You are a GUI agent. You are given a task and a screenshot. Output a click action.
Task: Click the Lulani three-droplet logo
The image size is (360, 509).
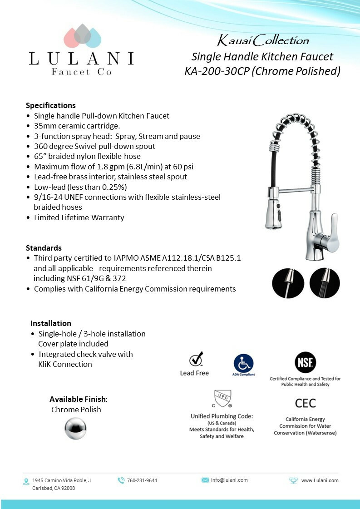pyautogui.click(x=82, y=36)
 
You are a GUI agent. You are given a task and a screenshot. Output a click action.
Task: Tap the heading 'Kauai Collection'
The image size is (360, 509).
pyautogui.click(x=263, y=41)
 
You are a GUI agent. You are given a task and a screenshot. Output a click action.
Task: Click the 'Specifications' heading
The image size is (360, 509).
pyautogui.click(x=51, y=105)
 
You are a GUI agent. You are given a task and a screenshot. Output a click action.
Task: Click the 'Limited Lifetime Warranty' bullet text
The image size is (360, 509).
pyautogui.click(x=79, y=217)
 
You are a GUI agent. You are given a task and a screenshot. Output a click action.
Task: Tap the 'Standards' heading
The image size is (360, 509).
pyautogui.click(x=44, y=248)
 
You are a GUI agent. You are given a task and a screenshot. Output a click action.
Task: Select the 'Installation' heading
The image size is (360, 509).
pyautogui.click(x=51, y=323)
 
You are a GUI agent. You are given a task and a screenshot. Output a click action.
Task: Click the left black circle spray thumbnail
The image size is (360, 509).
pyautogui.click(x=288, y=283)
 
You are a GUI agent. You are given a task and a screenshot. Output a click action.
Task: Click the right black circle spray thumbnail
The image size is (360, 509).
pyautogui.click(x=325, y=283)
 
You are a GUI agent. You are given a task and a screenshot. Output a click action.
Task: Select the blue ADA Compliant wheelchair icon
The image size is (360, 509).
pyautogui.click(x=244, y=363)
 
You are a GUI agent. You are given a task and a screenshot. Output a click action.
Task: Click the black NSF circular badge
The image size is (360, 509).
pyautogui.click(x=305, y=362)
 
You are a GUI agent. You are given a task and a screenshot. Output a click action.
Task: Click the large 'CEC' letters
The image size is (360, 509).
pyautogui.click(x=305, y=403)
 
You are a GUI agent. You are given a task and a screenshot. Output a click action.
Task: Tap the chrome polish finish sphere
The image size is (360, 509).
pyautogui.click(x=75, y=428)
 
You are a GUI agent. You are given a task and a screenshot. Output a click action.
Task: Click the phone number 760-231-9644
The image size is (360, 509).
pyautogui.click(x=142, y=480)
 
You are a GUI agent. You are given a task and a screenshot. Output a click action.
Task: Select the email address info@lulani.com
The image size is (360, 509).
pyautogui.click(x=229, y=480)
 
